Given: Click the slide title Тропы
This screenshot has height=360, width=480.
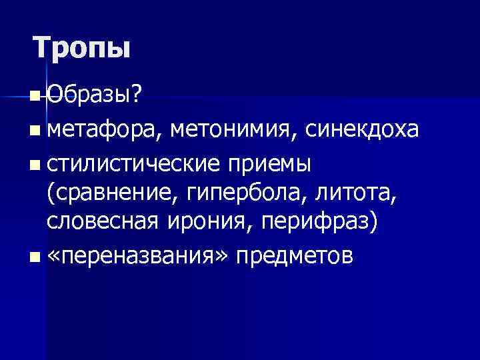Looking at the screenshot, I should click(82, 48).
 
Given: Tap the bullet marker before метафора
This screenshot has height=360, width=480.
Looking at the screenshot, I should click(34, 130).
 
